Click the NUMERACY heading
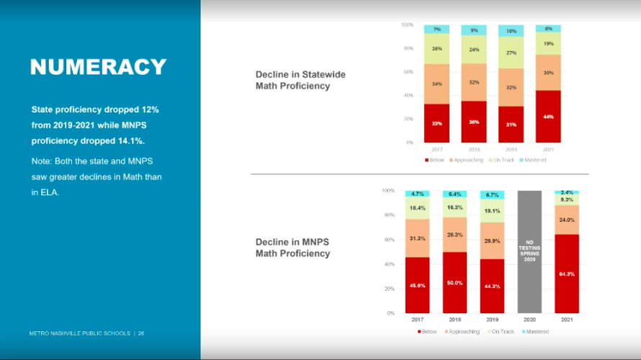pos(98,67)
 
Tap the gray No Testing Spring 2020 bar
pos(529,252)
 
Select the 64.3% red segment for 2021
pos(567,274)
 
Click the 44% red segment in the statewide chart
pos(548,116)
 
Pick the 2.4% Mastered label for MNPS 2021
pos(567,192)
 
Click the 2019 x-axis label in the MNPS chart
pos(492,319)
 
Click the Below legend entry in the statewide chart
pos(434,160)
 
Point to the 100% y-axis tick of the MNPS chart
pos(388,191)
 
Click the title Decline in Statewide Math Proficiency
pos(292,80)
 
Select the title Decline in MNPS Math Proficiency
pos(292,247)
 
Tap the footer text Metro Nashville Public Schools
pos(79,333)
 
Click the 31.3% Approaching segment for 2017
pos(417,239)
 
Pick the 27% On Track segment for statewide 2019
pos(511,53)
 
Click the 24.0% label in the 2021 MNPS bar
pos(567,220)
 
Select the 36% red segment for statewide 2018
pos(473,122)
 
